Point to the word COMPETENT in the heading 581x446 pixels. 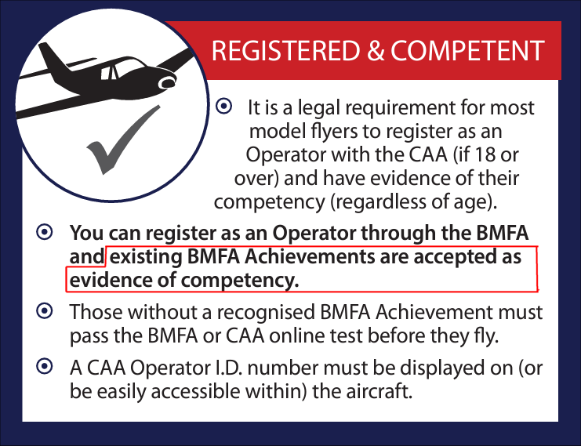click(x=467, y=52)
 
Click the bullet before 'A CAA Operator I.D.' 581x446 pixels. click(x=45, y=366)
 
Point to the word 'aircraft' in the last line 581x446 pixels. click(x=383, y=391)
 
